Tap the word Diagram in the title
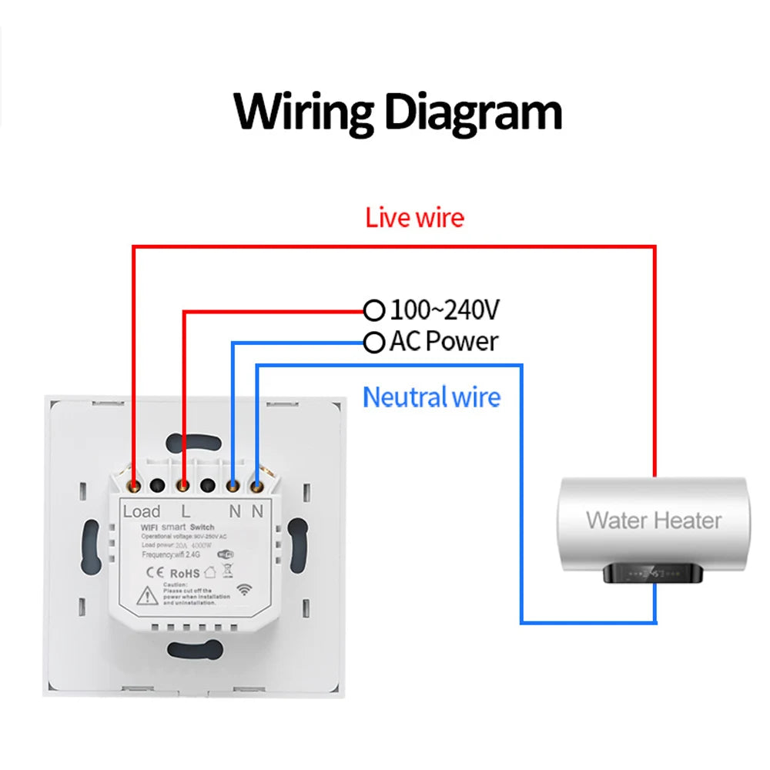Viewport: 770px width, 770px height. point(473,112)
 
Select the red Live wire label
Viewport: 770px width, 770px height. point(415,218)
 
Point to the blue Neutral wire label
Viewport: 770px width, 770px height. point(431,397)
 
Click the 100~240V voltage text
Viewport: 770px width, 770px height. point(445,310)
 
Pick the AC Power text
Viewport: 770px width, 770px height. point(444,341)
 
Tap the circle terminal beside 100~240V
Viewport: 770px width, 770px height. point(374,310)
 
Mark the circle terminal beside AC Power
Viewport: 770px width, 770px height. point(374,341)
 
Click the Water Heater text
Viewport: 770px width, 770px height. point(654,520)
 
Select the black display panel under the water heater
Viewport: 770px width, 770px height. point(654,573)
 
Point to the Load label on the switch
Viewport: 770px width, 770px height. point(142,511)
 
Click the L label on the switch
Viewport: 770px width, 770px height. point(186,511)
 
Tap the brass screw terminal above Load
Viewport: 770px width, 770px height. point(134,486)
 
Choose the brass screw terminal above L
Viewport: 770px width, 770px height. point(184,486)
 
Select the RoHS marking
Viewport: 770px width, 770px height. point(185,572)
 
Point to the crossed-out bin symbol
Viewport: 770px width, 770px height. point(227,571)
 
